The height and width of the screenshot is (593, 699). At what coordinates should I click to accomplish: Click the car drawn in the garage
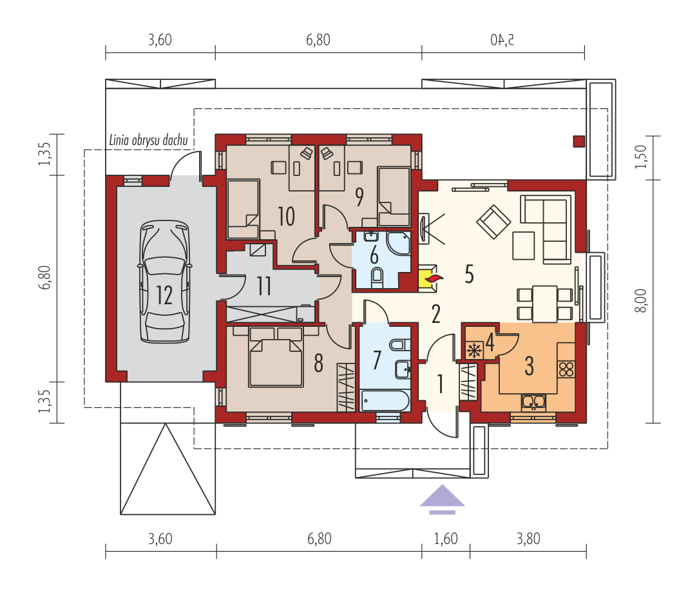coord(164,282)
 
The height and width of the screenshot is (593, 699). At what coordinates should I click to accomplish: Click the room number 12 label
coord(164,295)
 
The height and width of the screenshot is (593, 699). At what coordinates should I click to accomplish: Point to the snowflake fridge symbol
coord(474,350)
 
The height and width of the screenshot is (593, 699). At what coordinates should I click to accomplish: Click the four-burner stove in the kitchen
coord(566,369)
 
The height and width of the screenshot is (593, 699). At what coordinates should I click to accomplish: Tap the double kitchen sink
coord(533,402)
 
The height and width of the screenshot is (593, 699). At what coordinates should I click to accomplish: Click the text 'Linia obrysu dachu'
coord(148,140)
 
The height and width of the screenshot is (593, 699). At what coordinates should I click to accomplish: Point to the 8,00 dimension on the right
coord(640,300)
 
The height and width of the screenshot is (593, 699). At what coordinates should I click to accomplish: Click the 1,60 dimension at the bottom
coord(446,539)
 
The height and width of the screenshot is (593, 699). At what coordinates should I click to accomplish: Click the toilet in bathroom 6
coord(377,277)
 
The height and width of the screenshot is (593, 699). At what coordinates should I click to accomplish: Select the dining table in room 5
coord(545,304)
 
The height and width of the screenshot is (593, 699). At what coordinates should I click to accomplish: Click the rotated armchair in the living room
coord(493,222)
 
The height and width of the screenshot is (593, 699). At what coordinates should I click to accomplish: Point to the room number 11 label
coord(264,286)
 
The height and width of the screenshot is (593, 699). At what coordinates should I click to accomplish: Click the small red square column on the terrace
coord(579,141)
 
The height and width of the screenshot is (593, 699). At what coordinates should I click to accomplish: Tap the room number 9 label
coord(359,197)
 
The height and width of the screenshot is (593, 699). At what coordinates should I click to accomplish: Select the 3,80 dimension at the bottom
coord(528,539)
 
